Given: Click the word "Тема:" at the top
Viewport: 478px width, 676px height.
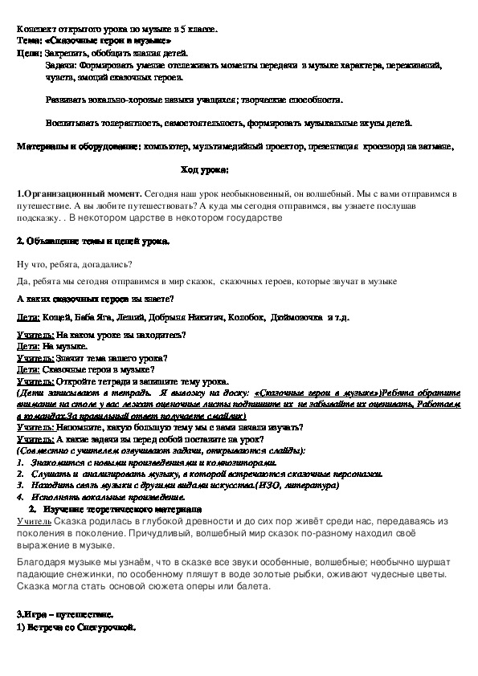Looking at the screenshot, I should pyautogui.click(x=30, y=39).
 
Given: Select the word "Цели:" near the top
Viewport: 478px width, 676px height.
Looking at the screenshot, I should pyautogui.click(x=29, y=50).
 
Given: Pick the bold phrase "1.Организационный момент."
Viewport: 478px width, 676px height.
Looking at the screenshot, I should pyautogui.click(x=79, y=195).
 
